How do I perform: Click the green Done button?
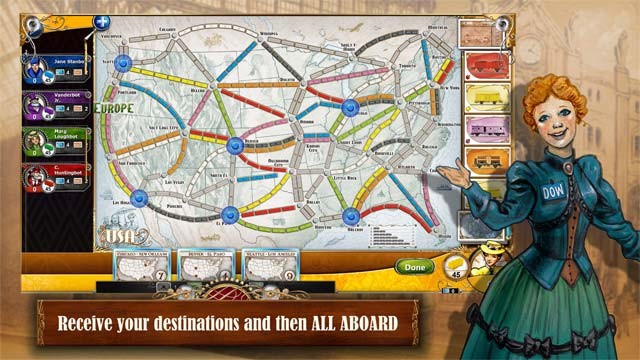(x=413, y=267)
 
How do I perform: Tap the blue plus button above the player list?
(x=101, y=21)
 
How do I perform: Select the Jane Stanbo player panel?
(x=56, y=64)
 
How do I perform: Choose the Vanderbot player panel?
(x=56, y=103)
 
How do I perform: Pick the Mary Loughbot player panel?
(x=56, y=141)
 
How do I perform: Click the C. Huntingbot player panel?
(x=56, y=178)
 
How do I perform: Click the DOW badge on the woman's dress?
(x=552, y=192)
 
